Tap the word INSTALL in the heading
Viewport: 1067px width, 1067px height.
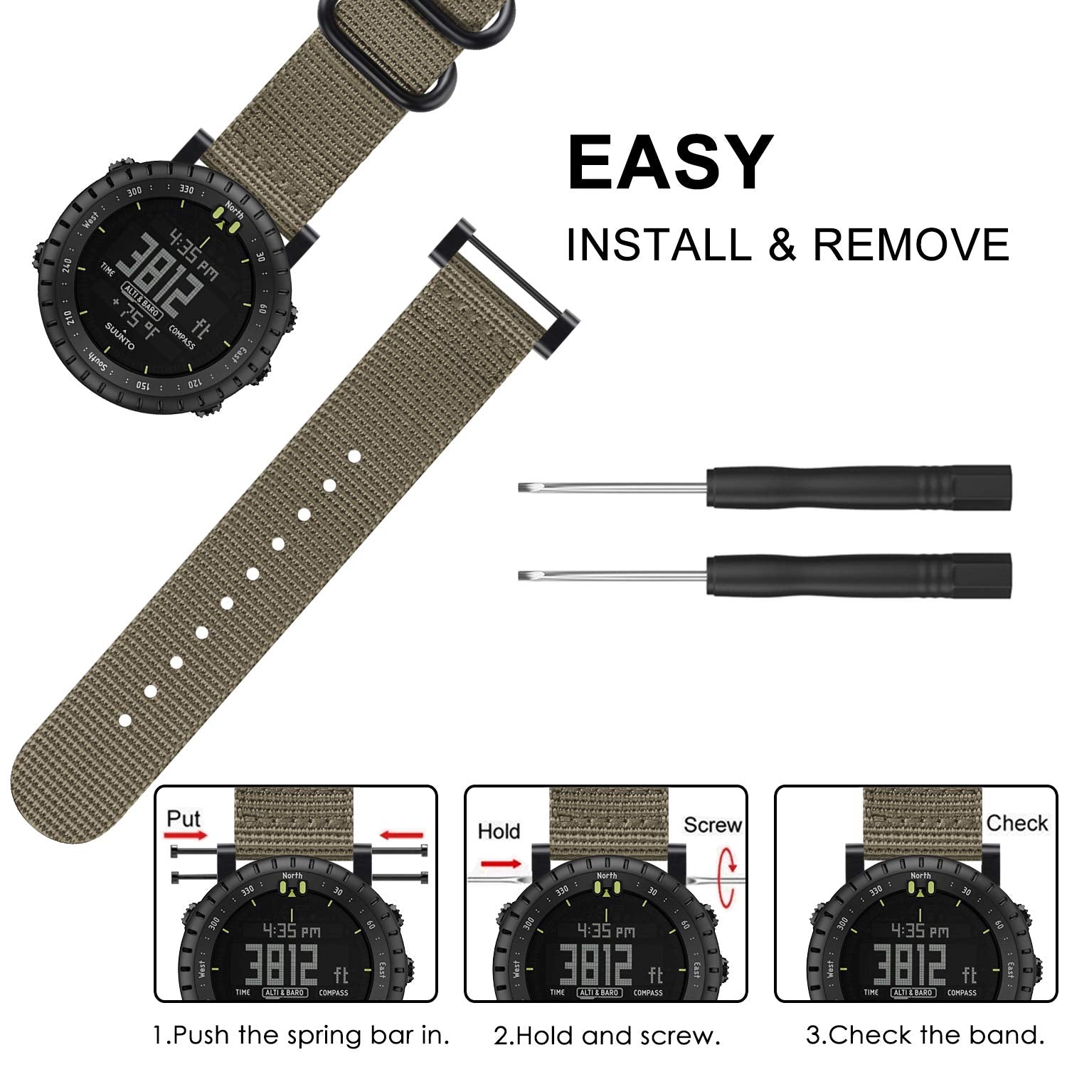pyautogui.click(x=659, y=245)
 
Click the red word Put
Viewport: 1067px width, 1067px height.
pyautogui.click(x=184, y=819)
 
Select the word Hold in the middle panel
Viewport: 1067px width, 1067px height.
pyautogui.click(x=499, y=831)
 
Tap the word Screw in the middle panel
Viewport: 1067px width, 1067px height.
pyautogui.click(x=712, y=824)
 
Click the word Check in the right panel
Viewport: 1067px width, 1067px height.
pyautogui.click(x=1016, y=823)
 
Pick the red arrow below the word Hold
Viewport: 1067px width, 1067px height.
pyautogui.click(x=501, y=864)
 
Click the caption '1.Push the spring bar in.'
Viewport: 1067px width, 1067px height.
pyautogui.click(x=302, y=1035)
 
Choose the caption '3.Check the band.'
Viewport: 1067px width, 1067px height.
pyautogui.click(x=925, y=1035)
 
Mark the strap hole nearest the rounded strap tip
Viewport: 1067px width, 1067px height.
pyautogui.click(x=124, y=721)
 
